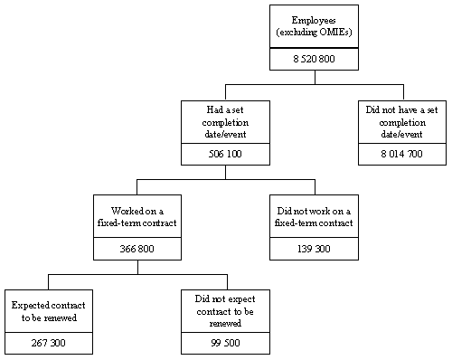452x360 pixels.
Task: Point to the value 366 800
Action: pos(137,247)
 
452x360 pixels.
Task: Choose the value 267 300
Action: pos(48,342)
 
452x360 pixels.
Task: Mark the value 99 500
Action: pos(225,342)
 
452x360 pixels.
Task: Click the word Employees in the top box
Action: pos(315,20)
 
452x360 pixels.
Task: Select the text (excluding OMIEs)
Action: pos(315,33)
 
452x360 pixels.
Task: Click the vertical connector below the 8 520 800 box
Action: pos(315,77)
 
